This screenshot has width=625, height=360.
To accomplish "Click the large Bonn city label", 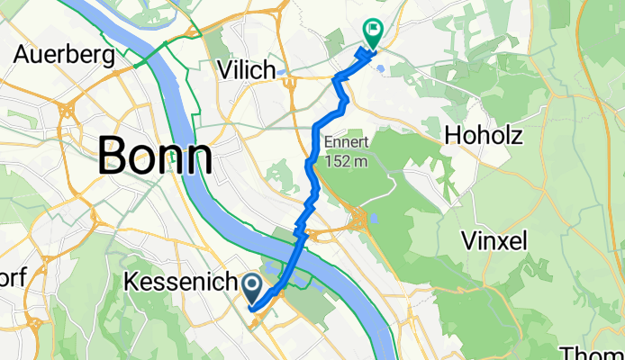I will click(155, 157).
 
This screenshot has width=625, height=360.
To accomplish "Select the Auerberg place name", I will click(64, 55).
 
